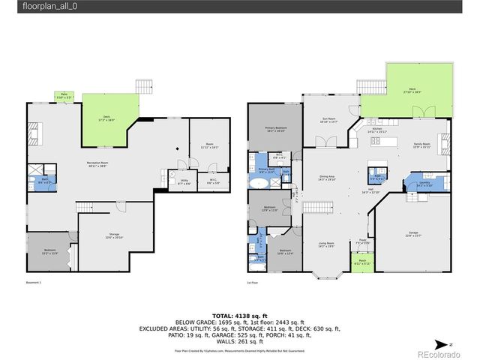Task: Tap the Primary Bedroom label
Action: click(275, 130)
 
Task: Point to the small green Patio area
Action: click(64, 95)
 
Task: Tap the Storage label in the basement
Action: click(114, 235)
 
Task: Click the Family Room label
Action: click(422, 145)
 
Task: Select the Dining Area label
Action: click(327, 178)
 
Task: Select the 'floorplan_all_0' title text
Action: click(49, 6)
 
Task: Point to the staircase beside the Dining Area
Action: click(321, 207)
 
